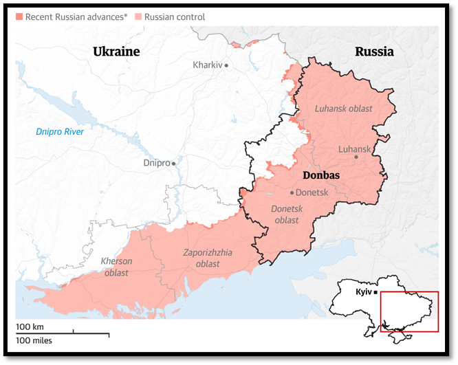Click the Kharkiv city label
click(x=207, y=65)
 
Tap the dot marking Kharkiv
click(x=226, y=65)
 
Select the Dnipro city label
click(x=156, y=164)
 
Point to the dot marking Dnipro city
click(x=174, y=164)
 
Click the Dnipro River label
click(x=59, y=131)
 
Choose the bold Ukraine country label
click(x=116, y=52)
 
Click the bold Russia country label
click(x=374, y=52)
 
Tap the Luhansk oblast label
click(x=343, y=109)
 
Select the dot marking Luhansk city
click(x=356, y=157)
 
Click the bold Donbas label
click(x=321, y=175)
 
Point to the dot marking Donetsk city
click(x=292, y=193)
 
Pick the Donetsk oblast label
click(x=285, y=214)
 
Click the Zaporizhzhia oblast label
click(x=207, y=258)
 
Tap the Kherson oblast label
click(x=116, y=267)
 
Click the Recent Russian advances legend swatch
click(x=19, y=16)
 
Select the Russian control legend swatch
click(x=138, y=16)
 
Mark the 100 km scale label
click(x=30, y=326)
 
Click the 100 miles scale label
click(x=34, y=340)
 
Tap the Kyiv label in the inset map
click(x=362, y=292)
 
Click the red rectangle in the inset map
click(x=408, y=311)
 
